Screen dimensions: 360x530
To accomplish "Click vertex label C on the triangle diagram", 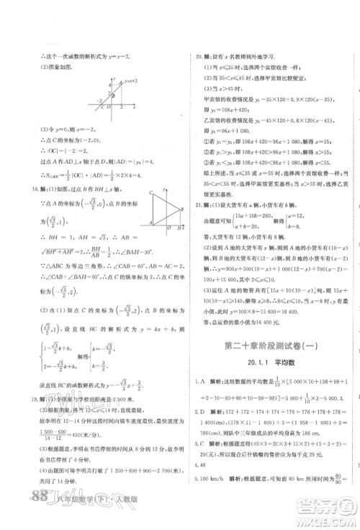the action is point(150,193).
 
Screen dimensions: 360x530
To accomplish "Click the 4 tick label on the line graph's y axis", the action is point(110,84).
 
